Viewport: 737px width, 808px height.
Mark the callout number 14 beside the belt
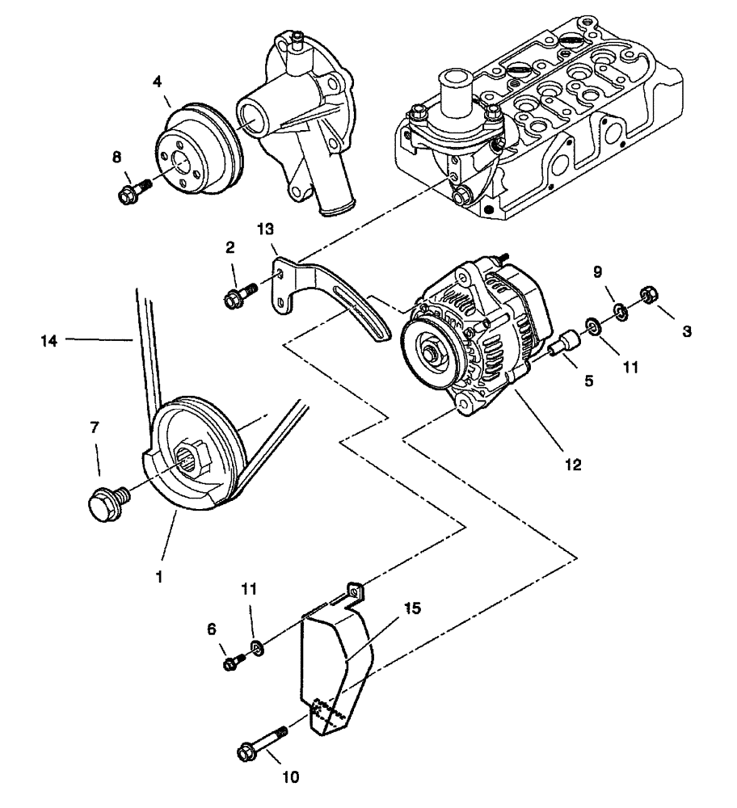pyautogui.click(x=49, y=341)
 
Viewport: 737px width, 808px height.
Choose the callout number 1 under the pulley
pyautogui.click(x=159, y=579)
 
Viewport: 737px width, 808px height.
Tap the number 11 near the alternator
pyautogui.click(x=630, y=365)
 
